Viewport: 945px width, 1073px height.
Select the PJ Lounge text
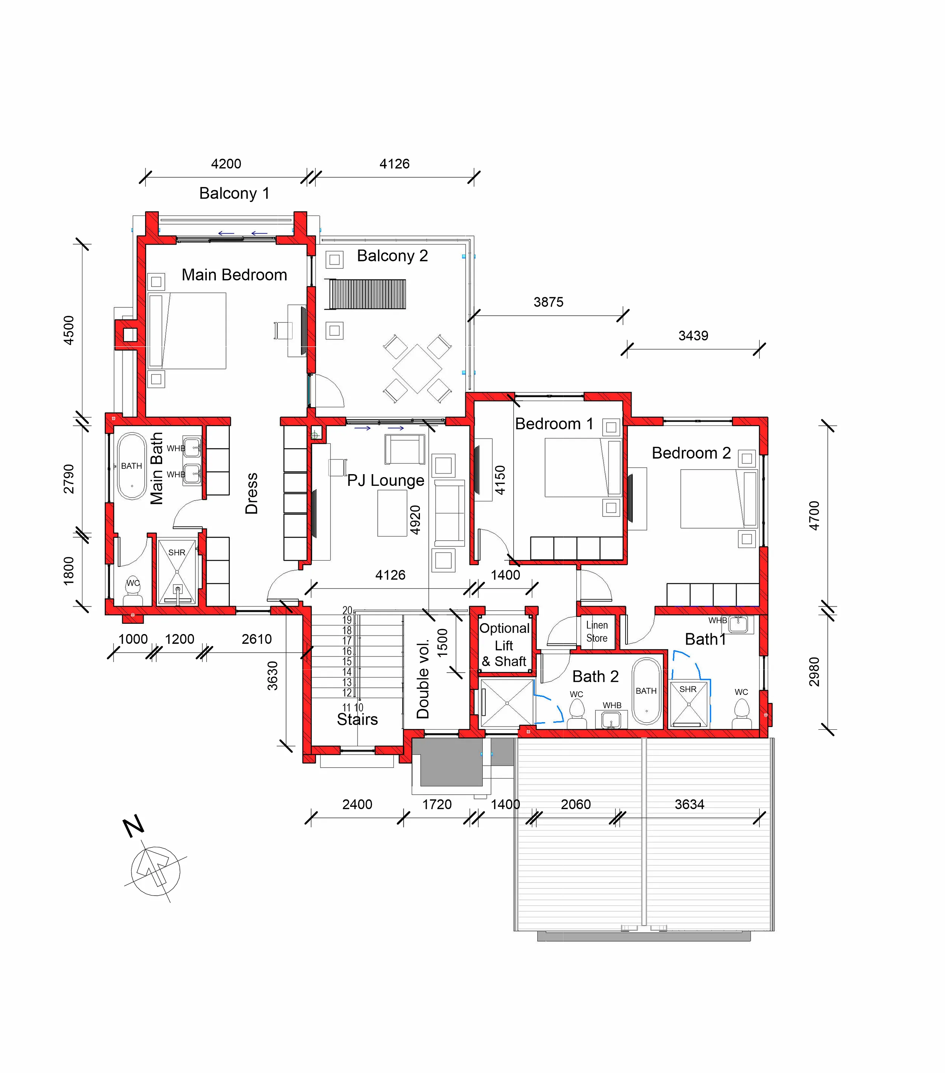pyautogui.click(x=386, y=480)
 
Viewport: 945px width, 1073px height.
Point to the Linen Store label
pyautogui.click(x=597, y=631)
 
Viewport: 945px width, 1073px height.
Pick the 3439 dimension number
pyautogui.click(x=693, y=335)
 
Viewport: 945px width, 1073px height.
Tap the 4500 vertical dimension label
pyautogui.click(x=69, y=330)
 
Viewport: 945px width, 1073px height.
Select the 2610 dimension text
pyautogui.click(x=257, y=639)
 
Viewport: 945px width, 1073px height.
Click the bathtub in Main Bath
pyautogui.click(x=132, y=466)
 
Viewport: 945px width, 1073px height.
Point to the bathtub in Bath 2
pyautogui.click(x=646, y=691)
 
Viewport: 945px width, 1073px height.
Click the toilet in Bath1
pyautogui.click(x=741, y=713)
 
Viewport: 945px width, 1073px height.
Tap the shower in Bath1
pyautogui.click(x=689, y=704)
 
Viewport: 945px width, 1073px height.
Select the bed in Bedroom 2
pyautogui.click(x=719, y=499)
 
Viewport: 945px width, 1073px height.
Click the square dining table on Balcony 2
pyautogui.click(x=417, y=369)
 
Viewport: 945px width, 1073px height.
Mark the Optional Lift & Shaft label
pyautogui.click(x=504, y=645)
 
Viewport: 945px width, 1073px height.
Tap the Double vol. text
pyautogui.click(x=423, y=678)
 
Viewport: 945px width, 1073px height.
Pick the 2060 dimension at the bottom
pyautogui.click(x=576, y=804)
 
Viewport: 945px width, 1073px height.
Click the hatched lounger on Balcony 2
pyautogui.click(x=367, y=294)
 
